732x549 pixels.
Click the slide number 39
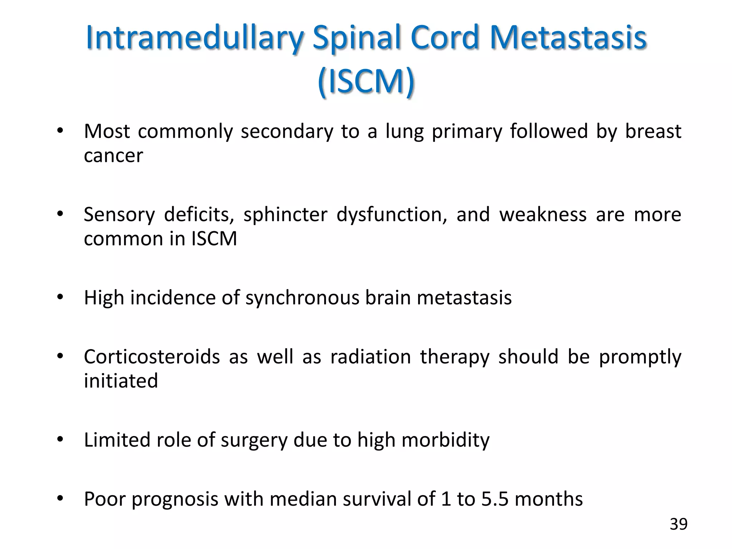click(678, 524)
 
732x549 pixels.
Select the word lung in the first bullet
click(404, 132)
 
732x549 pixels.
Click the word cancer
click(113, 156)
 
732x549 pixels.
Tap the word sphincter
click(285, 214)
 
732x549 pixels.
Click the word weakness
click(543, 214)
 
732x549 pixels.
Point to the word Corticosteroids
click(152, 357)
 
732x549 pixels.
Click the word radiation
click(370, 357)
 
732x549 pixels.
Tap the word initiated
click(121, 380)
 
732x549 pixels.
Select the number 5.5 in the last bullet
click(494, 499)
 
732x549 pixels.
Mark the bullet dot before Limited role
click(60, 440)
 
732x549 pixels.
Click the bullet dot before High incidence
click(60, 297)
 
